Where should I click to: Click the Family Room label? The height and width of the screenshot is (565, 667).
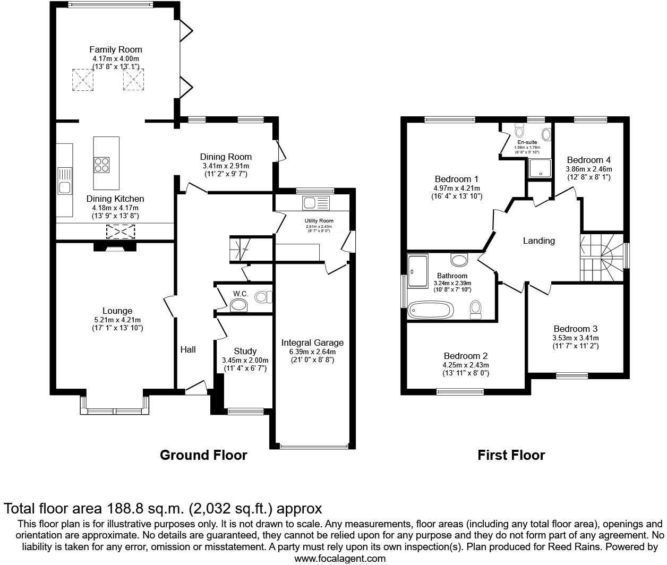coord(115,49)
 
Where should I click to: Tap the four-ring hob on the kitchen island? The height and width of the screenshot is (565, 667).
coord(103,165)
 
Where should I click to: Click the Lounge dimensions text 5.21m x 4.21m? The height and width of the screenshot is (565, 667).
coord(117,320)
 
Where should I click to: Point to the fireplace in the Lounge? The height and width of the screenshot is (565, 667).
coord(114,247)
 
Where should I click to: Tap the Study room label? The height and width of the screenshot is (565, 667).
coord(245,351)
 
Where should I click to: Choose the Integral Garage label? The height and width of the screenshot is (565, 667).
coord(312,343)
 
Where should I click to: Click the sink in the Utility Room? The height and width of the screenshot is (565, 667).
coord(309,202)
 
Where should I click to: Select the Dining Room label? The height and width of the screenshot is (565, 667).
coord(226,157)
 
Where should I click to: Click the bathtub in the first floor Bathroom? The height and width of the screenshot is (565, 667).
coord(430,310)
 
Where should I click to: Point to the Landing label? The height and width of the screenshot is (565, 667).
coord(538,241)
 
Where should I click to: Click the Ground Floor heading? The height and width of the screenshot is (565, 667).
coord(203,455)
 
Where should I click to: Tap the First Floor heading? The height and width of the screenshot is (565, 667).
coord(511,455)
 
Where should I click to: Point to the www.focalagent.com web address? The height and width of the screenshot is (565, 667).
coord(340,558)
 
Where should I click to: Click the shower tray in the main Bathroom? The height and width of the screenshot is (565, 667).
coord(418,270)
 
